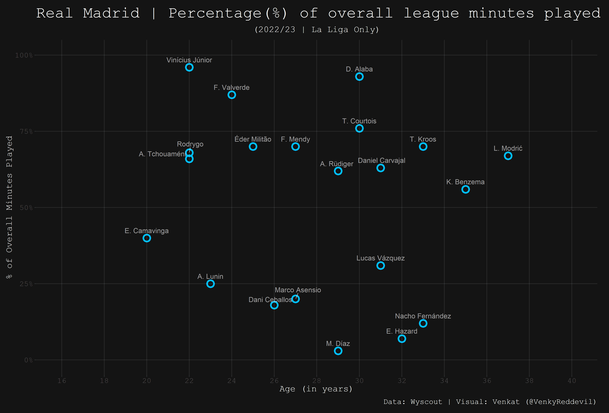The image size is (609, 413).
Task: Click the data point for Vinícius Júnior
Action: (x=189, y=67)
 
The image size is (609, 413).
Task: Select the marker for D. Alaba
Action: (x=359, y=76)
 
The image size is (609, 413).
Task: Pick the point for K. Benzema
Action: (x=466, y=189)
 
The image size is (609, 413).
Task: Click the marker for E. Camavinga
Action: (x=147, y=238)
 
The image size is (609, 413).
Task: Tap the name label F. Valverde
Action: (x=231, y=88)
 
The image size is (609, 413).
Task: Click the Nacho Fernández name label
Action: (x=423, y=316)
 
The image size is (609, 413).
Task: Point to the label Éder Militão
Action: (x=253, y=139)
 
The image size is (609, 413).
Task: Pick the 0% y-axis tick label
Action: (x=28, y=360)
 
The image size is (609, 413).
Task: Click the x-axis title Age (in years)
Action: (x=316, y=389)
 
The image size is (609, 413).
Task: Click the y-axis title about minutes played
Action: (x=9, y=207)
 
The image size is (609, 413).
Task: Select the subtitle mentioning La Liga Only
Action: (x=317, y=30)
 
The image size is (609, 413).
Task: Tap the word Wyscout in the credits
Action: (x=426, y=402)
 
